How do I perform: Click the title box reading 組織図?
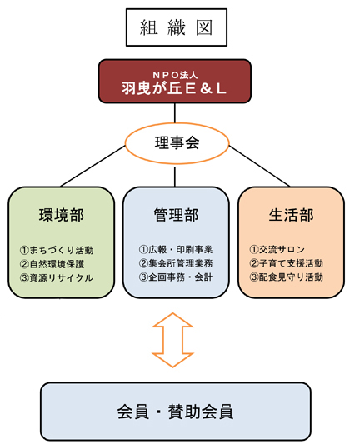coord(177,27)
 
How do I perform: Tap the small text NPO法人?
coord(175,75)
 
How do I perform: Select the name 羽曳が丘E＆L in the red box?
coord(174,88)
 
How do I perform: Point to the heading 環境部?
coord(62,215)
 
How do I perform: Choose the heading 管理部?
coord(176,215)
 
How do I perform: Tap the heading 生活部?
coord(291,215)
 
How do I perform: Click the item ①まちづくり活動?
coord(57,250)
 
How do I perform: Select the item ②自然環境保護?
coord(52,264)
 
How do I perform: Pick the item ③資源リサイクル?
coord(57,277)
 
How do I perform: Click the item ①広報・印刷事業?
coord(176,249)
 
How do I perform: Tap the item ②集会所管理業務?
coord(176,263)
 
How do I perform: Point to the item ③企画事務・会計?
coord(176,277)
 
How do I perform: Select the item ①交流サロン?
coord(277,249)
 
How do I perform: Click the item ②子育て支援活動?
coord(287,263)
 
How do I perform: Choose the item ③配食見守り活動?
coord(287,277)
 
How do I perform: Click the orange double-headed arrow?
coord(172,340)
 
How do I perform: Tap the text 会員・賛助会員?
coord(176,412)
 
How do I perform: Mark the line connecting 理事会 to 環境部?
coord(93,167)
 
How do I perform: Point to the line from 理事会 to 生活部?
coord(259,167)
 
